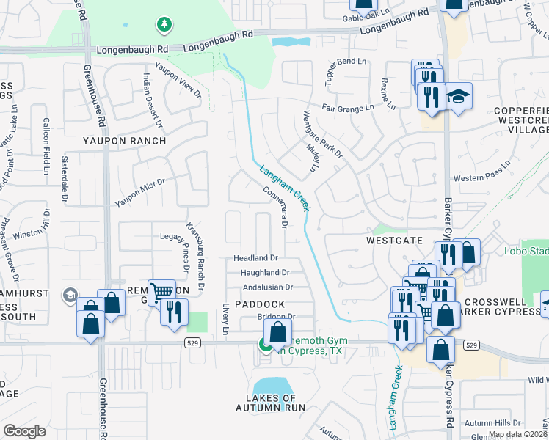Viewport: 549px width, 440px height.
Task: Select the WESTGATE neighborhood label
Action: tap(395, 240)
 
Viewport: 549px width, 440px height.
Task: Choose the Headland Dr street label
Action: tap(255, 258)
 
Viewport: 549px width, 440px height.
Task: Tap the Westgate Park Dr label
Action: tap(323, 134)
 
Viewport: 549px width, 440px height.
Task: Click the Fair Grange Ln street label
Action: tap(348, 110)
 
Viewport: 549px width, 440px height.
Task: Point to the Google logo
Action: tap(23, 431)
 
